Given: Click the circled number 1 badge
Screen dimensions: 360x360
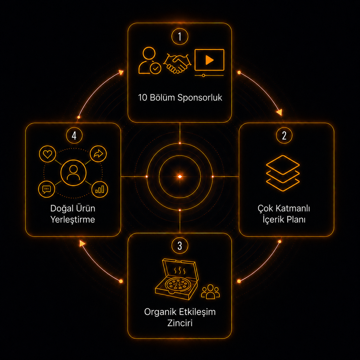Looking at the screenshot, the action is (x=180, y=36).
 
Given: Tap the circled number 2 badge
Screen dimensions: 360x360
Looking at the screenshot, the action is (x=284, y=136).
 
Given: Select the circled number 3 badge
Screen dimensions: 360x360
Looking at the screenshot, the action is (x=180, y=246).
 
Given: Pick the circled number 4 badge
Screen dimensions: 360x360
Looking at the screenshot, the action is (x=74, y=136).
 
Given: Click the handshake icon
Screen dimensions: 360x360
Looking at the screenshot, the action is (x=177, y=63).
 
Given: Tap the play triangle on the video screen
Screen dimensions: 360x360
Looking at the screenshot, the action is (x=209, y=60).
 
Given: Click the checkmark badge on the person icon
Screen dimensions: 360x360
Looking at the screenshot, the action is (x=155, y=69).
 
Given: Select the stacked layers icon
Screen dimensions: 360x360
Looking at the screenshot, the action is (x=283, y=173).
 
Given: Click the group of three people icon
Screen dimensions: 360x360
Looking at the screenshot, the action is (x=210, y=292).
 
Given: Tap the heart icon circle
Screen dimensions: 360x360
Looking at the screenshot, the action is (x=47, y=154).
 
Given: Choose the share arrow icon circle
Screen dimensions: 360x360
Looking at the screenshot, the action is (x=98, y=154).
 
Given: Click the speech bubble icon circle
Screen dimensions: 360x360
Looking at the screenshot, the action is (x=47, y=189).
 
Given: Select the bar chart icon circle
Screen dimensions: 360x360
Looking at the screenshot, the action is (x=100, y=189).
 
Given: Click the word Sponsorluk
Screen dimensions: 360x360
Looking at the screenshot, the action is (x=200, y=98).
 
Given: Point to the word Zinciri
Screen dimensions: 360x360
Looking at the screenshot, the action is (x=180, y=323).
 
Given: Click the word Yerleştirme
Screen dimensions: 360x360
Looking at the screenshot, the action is (x=73, y=220).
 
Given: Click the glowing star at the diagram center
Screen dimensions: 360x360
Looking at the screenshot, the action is (x=180, y=177).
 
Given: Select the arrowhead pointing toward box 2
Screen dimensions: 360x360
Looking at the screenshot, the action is (x=280, y=112).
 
